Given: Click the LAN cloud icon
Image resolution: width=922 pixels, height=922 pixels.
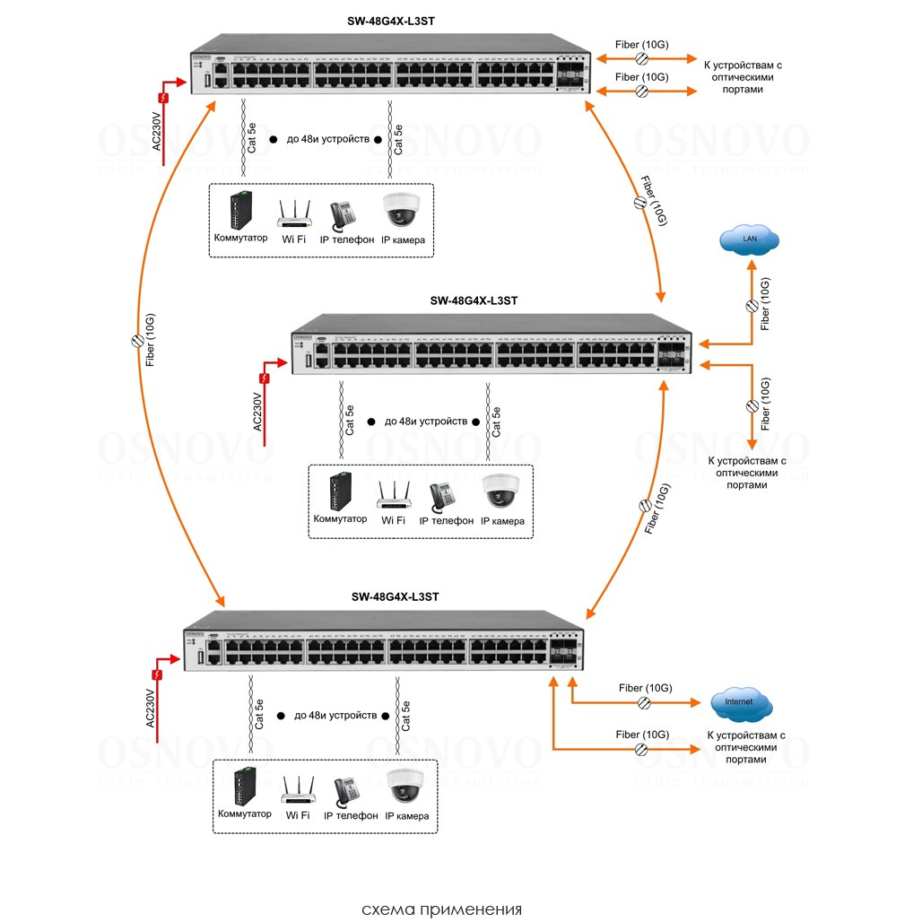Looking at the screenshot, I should [x=749, y=239].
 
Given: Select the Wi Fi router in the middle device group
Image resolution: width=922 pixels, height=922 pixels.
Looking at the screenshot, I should [x=393, y=493].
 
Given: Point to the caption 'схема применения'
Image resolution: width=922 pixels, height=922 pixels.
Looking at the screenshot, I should [x=441, y=909].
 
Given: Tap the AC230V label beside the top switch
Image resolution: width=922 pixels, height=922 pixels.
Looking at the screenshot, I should [x=157, y=130].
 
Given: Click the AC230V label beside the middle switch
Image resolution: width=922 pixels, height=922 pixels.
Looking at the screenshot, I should [x=257, y=412].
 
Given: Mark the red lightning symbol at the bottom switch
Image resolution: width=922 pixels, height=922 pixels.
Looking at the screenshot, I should [x=158, y=674].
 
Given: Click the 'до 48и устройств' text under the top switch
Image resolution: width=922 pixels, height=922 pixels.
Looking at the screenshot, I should [x=327, y=141].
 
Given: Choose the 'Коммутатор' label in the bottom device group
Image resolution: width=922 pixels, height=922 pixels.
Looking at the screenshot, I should [x=244, y=814].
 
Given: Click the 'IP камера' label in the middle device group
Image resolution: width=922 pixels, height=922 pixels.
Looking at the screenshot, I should [x=502, y=520].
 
